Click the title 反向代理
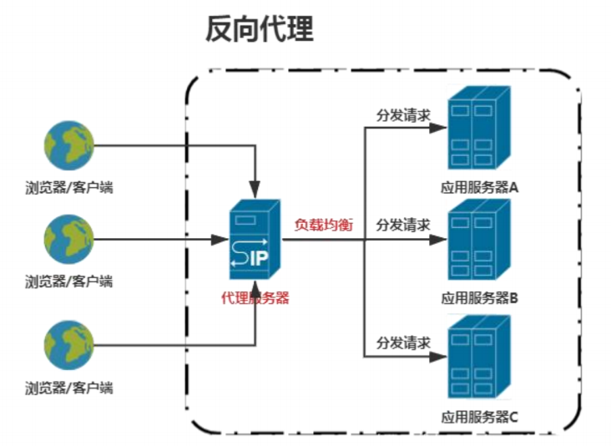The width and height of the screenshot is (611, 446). coord(259,30)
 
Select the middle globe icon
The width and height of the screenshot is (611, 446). coord(69,241)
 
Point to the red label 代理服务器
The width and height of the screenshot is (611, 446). coord(255,297)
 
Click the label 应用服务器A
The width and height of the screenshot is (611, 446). coord(480,188)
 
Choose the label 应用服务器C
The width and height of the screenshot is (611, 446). coord(480,415)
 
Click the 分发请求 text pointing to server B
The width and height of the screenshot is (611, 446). coord(403,225)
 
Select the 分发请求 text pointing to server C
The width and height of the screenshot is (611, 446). coord(403,342)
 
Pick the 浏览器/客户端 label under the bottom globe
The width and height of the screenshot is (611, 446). coord(69,388)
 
